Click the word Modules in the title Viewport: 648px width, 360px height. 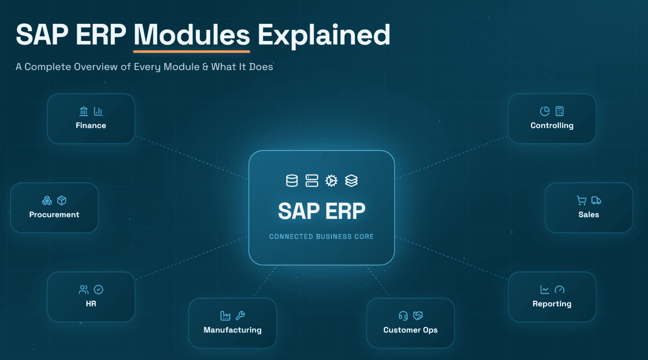[x=192, y=35]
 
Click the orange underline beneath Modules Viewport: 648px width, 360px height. [x=192, y=51]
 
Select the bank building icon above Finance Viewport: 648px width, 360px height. [x=84, y=111]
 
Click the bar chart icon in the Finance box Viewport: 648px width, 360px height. [x=98, y=111]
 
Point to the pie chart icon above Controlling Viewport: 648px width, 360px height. [x=545, y=111]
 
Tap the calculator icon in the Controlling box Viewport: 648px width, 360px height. [x=560, y=111]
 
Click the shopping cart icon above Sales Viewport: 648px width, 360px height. [x=582, y=200]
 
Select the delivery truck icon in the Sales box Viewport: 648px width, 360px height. [x=596, y=200]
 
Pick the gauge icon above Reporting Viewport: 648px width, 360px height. [x=560, y=289]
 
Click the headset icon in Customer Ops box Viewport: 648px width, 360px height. [x=403, y=316]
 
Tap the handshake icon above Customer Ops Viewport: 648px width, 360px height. [x=418, y=316]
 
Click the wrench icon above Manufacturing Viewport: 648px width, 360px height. [x=240, y=316]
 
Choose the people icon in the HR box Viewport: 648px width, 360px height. [x=84, y=289]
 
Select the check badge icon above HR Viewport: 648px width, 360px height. [x=99, y=289]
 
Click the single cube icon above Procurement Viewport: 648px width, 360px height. [x=62, y=200]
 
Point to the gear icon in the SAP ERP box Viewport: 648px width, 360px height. [x=331, y=181]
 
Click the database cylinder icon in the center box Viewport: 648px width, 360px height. [x=292, y=181]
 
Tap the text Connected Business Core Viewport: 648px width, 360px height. [x=322, y=237]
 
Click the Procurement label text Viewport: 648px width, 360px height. [x=54, y=215]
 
